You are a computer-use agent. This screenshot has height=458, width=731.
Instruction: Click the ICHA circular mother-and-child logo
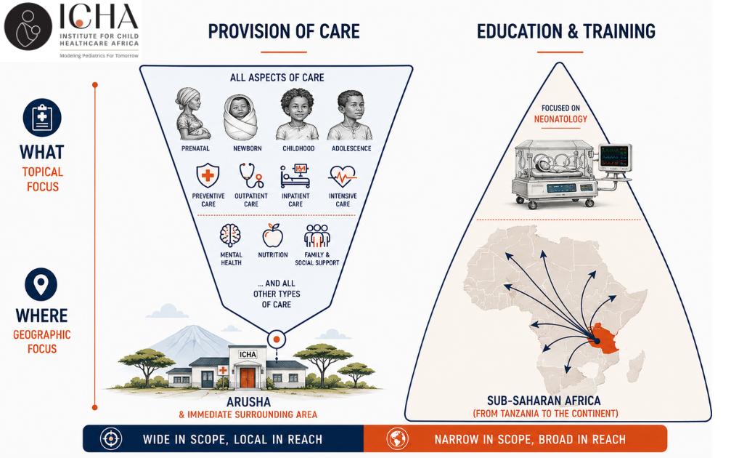coord(28,27)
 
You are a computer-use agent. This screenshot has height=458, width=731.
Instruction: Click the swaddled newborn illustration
coord(240,117)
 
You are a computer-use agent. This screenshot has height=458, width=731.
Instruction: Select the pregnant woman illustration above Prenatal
coord(192,114)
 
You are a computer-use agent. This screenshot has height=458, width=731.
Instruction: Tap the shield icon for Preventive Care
coord(208,175)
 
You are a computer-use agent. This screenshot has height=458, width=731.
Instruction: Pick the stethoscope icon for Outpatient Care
coord(251,175)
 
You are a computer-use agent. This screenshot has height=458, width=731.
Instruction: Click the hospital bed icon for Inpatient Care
coord(295,176)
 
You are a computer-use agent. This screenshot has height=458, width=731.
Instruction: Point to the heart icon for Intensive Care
coord(343,177)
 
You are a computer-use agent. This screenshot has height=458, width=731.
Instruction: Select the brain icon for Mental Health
coord(230,236)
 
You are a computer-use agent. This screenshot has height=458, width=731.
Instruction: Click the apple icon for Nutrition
coord(273,235)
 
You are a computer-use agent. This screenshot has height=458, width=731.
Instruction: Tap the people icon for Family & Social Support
coord(317,236)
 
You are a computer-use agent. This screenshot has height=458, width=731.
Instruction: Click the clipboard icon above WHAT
coord(42,117)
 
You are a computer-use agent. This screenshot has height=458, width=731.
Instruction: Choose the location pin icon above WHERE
coord(41,284)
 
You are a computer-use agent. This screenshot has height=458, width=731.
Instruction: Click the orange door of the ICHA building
coord(248,378)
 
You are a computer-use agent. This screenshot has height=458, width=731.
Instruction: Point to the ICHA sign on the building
coord(248,354)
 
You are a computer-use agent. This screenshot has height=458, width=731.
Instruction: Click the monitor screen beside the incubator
coord(614,157)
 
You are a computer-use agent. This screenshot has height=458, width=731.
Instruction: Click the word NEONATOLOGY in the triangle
coord(560,119)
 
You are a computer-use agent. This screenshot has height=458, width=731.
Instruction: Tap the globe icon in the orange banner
coord(398,439)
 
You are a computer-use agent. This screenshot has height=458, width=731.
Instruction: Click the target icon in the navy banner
coord(111,439)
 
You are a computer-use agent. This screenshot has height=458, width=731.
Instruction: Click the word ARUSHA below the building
coord(248,402)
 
